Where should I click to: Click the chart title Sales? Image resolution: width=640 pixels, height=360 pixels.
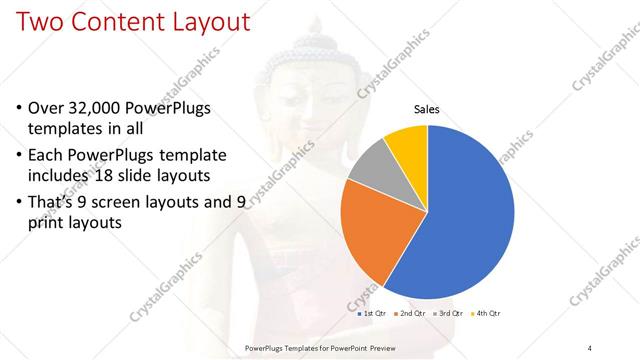pyautogui.click(x=427, y=110)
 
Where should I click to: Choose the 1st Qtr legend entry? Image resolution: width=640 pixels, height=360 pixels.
pyautogui.click(x=375, y=313)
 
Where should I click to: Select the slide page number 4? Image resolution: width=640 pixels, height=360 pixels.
pyautogui.click(x=590, y=346)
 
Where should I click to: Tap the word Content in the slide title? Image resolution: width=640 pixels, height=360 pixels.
pyautogui.click(x=116, y=21)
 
